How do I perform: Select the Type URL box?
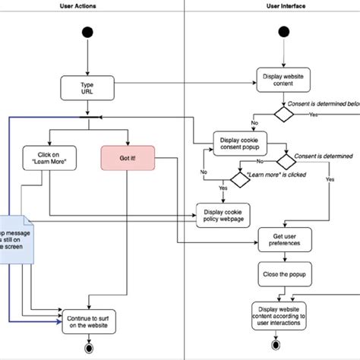tap(87, 87)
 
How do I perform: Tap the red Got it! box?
tap(128, 159)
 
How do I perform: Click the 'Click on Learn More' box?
tap(49, 157)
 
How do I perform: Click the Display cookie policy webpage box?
tap(224, 216)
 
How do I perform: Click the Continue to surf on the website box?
tap(87, 321)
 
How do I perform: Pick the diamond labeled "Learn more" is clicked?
tap(240, 178)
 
